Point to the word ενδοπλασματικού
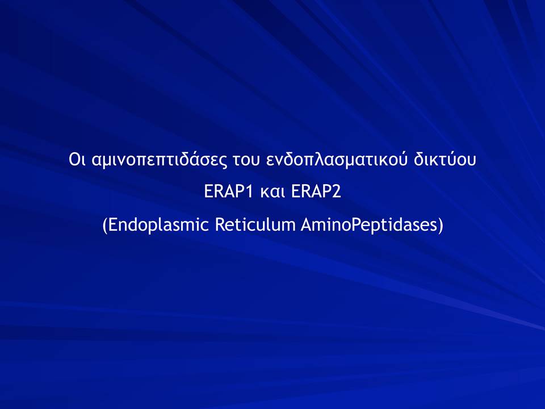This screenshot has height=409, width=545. [337, 160]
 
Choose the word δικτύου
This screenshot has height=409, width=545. [445, 159]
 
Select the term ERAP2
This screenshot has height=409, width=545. [316, 191]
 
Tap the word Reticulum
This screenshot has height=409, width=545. [255, 224]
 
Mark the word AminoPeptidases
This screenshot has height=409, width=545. [369, 225]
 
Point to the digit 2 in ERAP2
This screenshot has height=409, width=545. [337, 191]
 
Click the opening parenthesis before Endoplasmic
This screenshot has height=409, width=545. [105, 226]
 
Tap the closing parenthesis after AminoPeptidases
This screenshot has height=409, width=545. [441, 226]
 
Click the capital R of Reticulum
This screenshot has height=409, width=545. [220, 224]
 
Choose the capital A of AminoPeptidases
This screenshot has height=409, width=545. [307, 224]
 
